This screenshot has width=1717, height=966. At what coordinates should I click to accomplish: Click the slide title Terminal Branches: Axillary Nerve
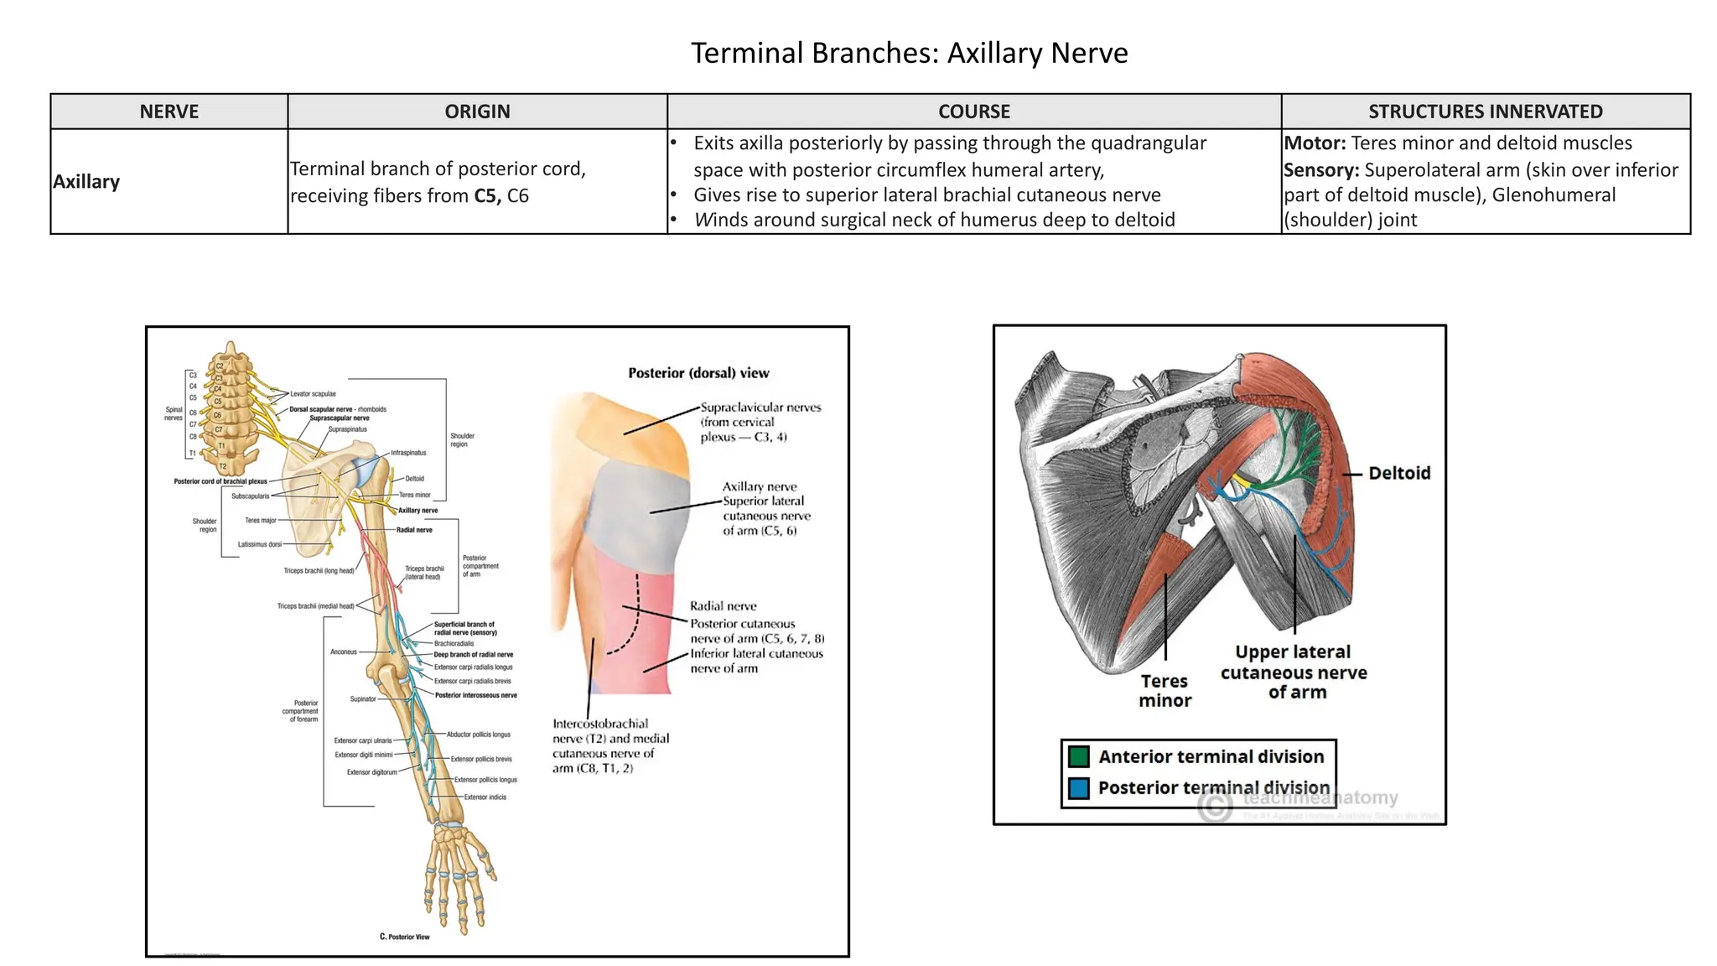(x=909, y=53)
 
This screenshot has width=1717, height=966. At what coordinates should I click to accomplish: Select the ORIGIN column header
(x=477, y=112)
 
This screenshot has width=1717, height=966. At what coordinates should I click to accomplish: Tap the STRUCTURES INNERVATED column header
(x=1485, y=112)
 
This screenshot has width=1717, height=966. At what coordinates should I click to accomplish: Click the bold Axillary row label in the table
(x=86, y=182)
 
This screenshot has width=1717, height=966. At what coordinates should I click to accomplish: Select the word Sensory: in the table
(x=1321, y=170)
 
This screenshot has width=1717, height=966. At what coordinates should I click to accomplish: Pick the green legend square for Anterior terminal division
(x=1079, y=757)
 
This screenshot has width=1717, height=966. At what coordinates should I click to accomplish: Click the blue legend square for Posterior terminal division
(x=1079, y=788)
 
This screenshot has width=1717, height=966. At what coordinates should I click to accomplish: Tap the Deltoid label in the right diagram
(x=1399, y=474)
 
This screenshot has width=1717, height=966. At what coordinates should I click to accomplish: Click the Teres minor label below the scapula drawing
(x=1165, y=691)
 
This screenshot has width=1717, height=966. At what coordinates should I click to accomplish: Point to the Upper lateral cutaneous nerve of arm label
(x=1294, y=672)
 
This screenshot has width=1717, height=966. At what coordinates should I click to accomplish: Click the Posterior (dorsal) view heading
(x=698, y=373)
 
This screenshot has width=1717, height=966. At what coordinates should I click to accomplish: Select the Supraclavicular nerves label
(x=760, y=408)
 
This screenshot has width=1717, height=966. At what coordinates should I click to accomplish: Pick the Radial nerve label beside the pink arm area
(x=723, y=606)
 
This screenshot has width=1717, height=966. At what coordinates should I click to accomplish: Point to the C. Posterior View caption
(x=404, y=937)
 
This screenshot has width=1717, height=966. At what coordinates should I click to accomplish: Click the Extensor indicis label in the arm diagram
(x=485, y=797)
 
